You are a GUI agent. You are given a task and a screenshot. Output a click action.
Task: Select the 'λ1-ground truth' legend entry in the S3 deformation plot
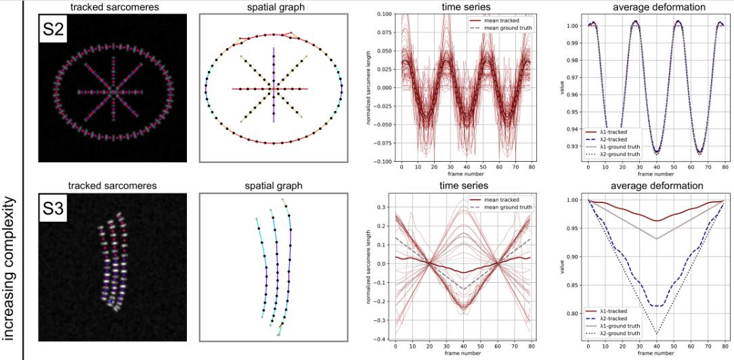(x=616, y=325)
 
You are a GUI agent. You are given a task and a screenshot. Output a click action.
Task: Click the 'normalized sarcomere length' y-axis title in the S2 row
(x=366, y=88)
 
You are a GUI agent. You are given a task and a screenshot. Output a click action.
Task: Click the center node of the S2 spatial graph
(x=274, y=88)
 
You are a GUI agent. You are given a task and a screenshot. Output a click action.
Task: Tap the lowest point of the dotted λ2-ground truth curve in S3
(x=656, y=334)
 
